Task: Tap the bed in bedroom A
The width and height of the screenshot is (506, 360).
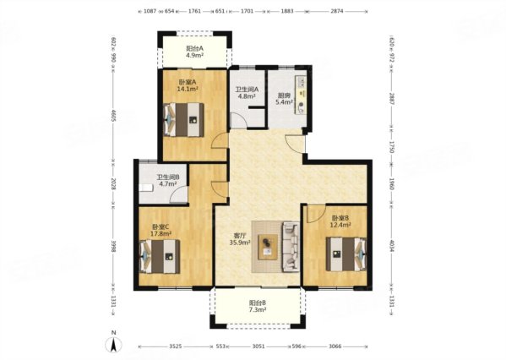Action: tap(183, 119)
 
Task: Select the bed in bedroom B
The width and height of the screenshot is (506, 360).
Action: tap(346, 254)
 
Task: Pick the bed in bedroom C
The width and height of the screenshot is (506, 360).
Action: tap(160, 256)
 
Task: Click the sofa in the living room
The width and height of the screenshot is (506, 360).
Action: tap(291, 247)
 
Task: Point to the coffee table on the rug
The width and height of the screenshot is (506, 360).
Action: tap(268, 247)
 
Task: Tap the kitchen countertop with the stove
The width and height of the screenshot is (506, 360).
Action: tap(301, 95)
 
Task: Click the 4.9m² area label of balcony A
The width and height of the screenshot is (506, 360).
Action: tap(194, 55)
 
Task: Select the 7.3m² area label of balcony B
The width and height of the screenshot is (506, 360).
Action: tap(257, 309)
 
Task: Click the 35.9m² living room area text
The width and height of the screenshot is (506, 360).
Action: tap(240, 243)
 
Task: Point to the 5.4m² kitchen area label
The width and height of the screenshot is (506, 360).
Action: tap(285, 102)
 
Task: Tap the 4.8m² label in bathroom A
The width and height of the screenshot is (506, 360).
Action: tap(246, 95)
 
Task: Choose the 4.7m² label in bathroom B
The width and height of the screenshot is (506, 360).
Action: tap(167, 183)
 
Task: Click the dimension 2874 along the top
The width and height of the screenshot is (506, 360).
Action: tap(336, 11)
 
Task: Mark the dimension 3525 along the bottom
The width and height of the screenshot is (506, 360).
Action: tap(176, 346)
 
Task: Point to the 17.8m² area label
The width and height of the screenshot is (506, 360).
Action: tap(161, 232)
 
